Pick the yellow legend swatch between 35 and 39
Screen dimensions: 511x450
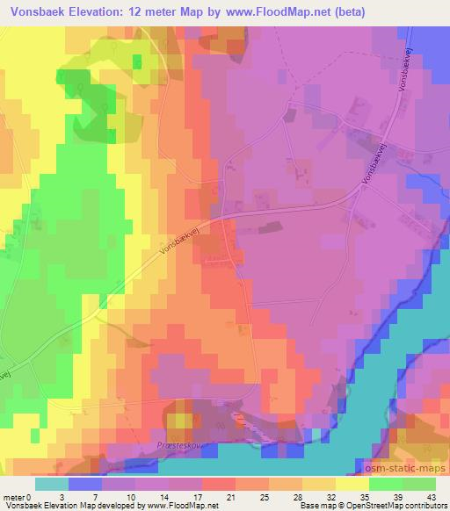pos(352,484)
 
